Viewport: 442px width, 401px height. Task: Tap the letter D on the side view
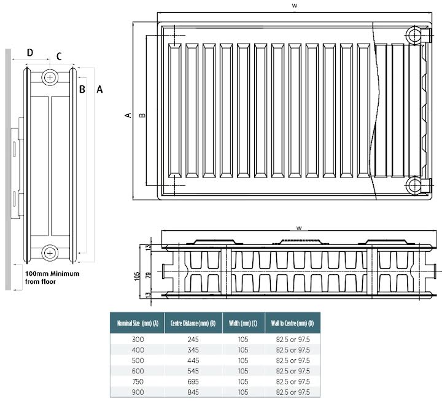pyautogui.click(x=30, y=53)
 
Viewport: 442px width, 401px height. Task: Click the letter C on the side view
pyautogui.click(x=59, y=56)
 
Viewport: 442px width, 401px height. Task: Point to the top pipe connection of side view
pyautogui.click(x=50, y=77)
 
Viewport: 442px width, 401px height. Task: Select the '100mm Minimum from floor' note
pyautogui.click(x=52, y=277)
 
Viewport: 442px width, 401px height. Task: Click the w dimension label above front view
pyautogui.click(x=295, y=5)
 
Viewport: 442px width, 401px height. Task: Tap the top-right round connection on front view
pyautogui.click(x=417, y=34)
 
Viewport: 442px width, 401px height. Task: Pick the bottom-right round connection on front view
pyautogui.click(x=417, y=185)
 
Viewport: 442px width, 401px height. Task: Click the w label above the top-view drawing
pyautogui.click(x=298, y=227)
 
